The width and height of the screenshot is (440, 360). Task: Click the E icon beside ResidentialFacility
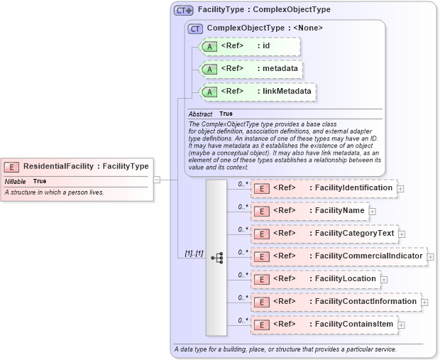(x=11, y=167)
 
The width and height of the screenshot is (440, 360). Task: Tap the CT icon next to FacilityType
(x=184, y=11)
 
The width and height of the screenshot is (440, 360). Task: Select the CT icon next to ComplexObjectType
(x=194, y=28)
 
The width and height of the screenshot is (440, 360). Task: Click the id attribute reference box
(x=250, y=47)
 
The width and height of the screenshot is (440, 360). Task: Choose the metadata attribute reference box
(x=251, y=69)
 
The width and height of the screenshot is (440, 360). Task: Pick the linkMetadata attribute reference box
(x=257, y=92)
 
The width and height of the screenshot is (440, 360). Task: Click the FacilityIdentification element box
(x=324, y=188)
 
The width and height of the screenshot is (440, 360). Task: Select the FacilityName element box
(x=309, y=211)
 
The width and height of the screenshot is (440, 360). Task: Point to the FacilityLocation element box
(x=315, y=279)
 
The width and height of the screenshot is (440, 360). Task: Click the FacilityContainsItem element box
(x=324, y=324)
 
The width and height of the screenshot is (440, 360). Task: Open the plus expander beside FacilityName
(x=373, y=212)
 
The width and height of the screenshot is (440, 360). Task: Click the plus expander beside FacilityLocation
(x=384, y=280)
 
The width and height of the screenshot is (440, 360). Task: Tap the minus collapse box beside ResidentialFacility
(x=157, y=180)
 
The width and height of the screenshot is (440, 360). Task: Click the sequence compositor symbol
(x=216, y=258)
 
